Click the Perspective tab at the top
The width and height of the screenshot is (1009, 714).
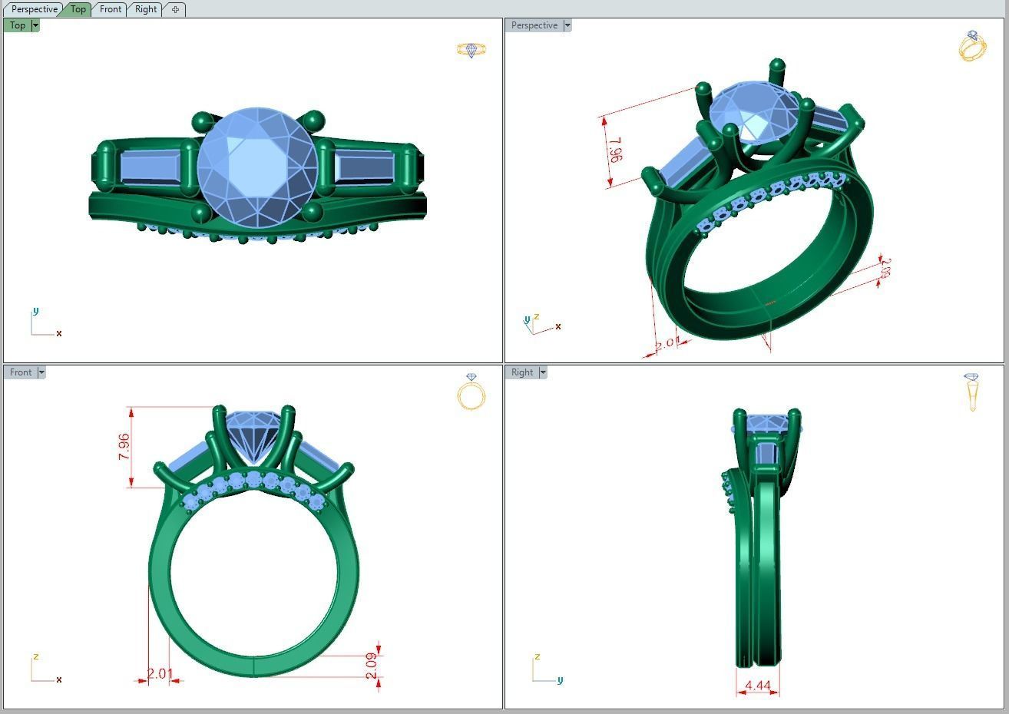pyautogui.click(x=35, y=9)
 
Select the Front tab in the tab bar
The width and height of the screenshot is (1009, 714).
pyautogui.click(x=111, y=9)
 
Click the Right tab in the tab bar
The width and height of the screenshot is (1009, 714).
pyautogui.click(x=145, y=9)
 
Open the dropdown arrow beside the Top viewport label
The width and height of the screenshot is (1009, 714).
pyautogui.click(x=35, y=25)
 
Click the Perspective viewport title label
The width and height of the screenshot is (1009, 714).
pyautogui.click(x=534, y=25)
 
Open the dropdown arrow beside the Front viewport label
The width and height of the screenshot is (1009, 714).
pyautogui.click(x=41, y=372)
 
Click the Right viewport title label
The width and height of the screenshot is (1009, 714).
pyautogui.click(x=522, y=372)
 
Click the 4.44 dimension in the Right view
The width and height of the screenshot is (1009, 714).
pyautogui.click(x=758, y=685)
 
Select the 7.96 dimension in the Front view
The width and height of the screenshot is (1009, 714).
pyautogui.click(x=124, y=447)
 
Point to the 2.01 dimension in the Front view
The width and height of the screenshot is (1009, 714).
pyautogui.click(x=160, y=673)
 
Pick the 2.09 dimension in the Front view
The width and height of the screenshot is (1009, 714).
pyautogui.click(x=372, y=665)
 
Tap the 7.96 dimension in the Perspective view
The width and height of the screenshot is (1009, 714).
pyautogui.click(x=615, y=149)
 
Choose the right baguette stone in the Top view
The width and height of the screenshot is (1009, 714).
pyautogui.click(x=366, y=167)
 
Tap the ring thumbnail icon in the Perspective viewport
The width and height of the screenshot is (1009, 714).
pyautogui.click(x=972, y=46)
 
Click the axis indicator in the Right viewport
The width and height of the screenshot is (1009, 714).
pyautogui.click(x=545, y=670)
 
